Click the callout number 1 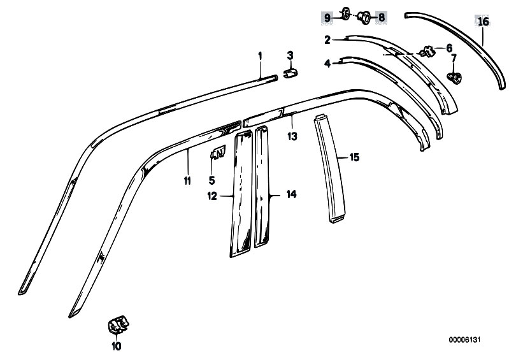pyautogui.click(x=260, y=56)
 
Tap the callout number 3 pyautogui.click(x=290, y=55)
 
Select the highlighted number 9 pyautogui.click(x=327, y=18)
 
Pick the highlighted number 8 pyautogui.click(x=382, y=17)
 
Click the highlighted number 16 pyautogui.click(x=483, y=22)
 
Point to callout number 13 pyautogui.click(x=292, y=136)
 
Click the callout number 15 pyautogui.click(x=354, y=157)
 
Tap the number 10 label pyautogui.click(x=116, y=347)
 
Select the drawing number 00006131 pyautogui.click(x=464, y=340)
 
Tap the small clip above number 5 pyautogui.click(x=218, y=152)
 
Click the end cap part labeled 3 pyautogui.click(x=291, y=73)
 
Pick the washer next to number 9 pyautogui.click(x=345, y=14)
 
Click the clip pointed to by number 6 pyautogui.click(x=427, y=51)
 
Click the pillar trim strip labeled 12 pyautogui.click(x=241, y=194)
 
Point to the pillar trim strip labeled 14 pyautogui.click(x=262, y=187)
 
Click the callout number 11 pyautogui.click(x=187, y=181)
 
